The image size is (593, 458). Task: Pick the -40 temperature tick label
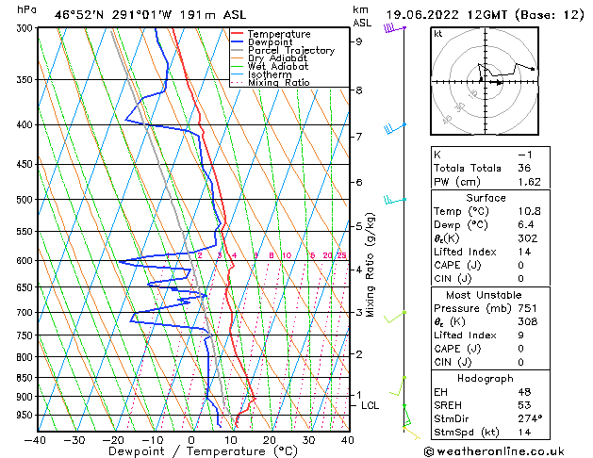(x=36, y=440)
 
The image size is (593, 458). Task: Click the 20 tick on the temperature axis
(x=269, y=440)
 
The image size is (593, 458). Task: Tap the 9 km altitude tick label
(x=358, y=41)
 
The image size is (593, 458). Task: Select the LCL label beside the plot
(x=371, y=405)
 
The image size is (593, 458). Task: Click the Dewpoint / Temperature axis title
(x=190, y=452)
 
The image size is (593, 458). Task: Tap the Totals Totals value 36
(x=526, y=168)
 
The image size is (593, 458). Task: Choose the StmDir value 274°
(x=530, y=418)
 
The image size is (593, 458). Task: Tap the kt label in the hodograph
(x=437, y=34)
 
